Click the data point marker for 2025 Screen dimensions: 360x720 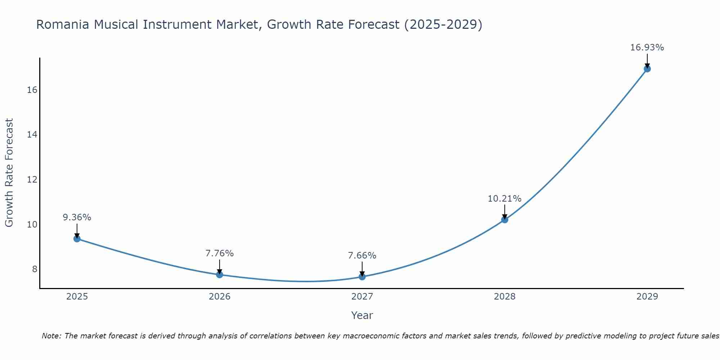(x=77, y=239)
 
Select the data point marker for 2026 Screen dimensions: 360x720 (x=220, y=275)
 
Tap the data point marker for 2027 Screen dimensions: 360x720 (x=362, y=277)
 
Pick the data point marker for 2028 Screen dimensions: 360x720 (x=505, y=220)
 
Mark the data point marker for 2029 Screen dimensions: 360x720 (x=647, y=69)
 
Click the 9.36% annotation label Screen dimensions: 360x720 (x=77, y=217)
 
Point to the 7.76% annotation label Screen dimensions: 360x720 (x=220, y=253)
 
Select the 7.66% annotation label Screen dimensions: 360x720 (x=362, y=256)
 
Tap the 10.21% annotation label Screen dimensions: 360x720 (x=505, y=198)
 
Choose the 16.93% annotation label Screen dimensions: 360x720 (x=647, y=48)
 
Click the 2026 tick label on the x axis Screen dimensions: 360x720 (x=220, y=297)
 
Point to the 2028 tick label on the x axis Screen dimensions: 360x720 (x=505, y=297)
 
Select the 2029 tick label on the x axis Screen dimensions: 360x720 (x=647, y=297)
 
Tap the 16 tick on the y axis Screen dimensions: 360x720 (x=32, y=90)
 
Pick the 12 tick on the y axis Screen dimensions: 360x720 (x=32, y=179)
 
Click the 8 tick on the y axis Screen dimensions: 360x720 (x=35, y=269)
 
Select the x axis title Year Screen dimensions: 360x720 (x=362, y=315)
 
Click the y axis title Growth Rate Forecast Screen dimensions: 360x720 (x=9, y=173)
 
